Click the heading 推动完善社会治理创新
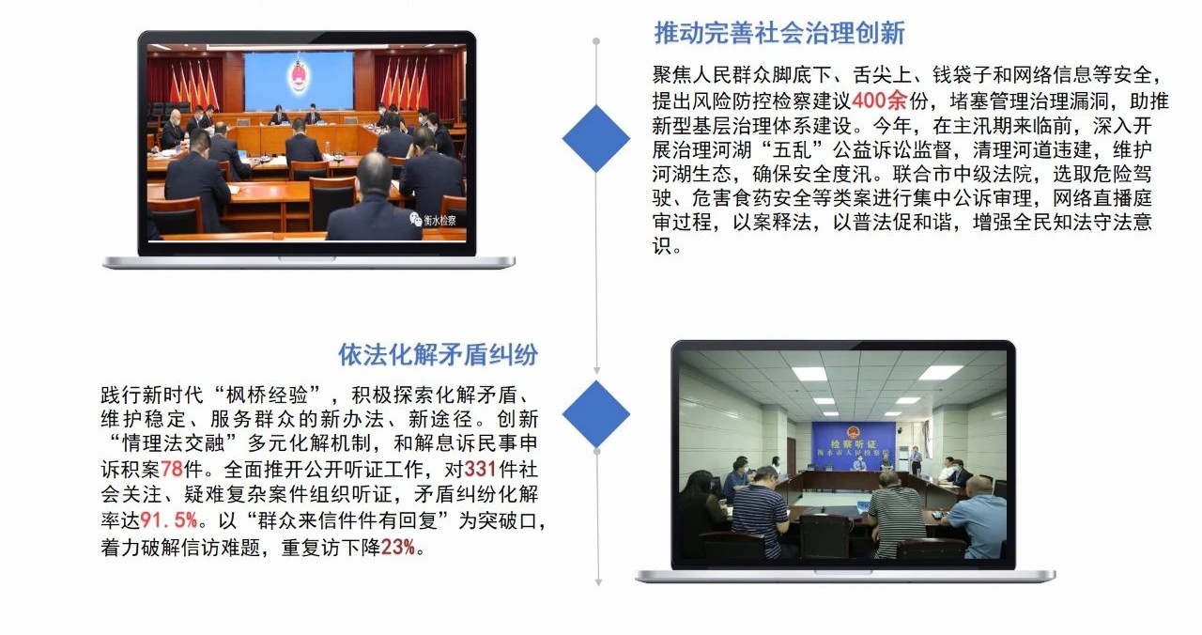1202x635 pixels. pos(779,33)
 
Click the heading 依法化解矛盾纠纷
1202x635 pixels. pos(438,355)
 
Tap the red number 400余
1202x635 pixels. pos(880,101)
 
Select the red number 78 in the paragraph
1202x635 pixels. pos(172,470)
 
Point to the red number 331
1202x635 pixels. pos(480,469)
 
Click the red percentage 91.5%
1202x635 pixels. pos(169,520)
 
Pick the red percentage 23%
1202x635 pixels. pos(398,547)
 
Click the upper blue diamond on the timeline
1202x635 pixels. pos(596,138)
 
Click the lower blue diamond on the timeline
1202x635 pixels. pos(596,414)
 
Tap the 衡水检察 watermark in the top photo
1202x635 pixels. pos(434,220)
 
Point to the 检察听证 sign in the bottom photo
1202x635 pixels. pos(854,444)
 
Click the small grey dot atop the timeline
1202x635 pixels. pos(596,41)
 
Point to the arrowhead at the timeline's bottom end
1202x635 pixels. pos(599,582)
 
